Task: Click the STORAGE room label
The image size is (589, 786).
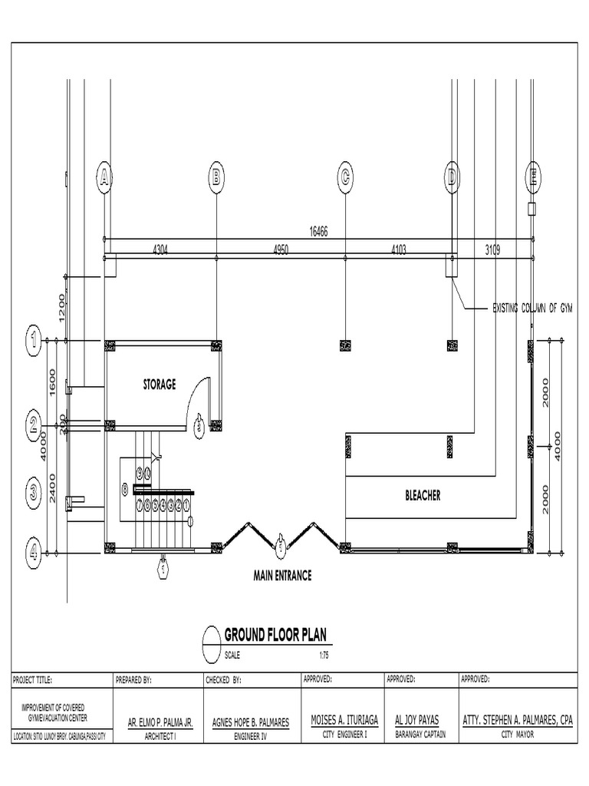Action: (159, 384)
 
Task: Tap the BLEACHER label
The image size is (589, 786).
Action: (423, 496)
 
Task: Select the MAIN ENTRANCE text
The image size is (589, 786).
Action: (282, 575)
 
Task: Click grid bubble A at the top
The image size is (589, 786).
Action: (104, 177)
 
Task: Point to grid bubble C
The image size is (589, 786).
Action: (346, 177)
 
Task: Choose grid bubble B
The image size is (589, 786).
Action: (216, 177)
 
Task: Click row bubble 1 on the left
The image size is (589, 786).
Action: (33, 340)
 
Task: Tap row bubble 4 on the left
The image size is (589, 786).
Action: (33, 550)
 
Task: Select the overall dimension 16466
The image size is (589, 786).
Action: (318, 232)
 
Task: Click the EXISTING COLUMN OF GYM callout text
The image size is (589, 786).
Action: (533, 308)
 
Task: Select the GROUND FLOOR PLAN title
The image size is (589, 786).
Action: (275, 635)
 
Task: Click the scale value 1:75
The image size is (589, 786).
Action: (324, 656)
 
